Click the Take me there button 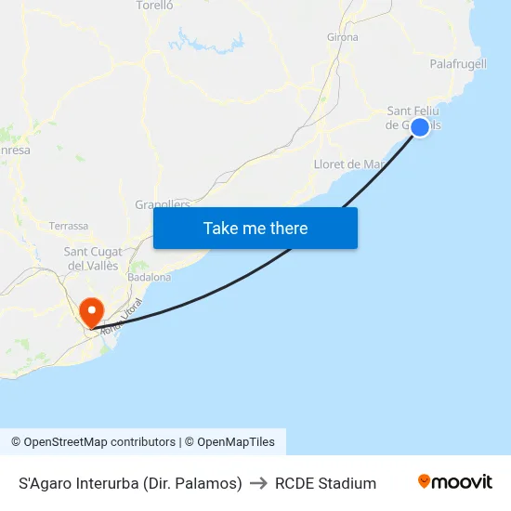point(255,228)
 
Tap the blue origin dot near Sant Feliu point(420,127)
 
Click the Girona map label point(343,37)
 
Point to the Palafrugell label point(458,64)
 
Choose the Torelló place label point(155,6)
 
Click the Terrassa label point(69,226)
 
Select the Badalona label point(150,277)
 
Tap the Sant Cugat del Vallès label point(91,258)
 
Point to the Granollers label point(163,203)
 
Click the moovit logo point(455,482)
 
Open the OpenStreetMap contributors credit point(93,442)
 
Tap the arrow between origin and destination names point(258,483)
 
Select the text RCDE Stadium point(325,483)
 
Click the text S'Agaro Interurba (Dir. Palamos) point(130,483)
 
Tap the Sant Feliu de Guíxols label point(409,118)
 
